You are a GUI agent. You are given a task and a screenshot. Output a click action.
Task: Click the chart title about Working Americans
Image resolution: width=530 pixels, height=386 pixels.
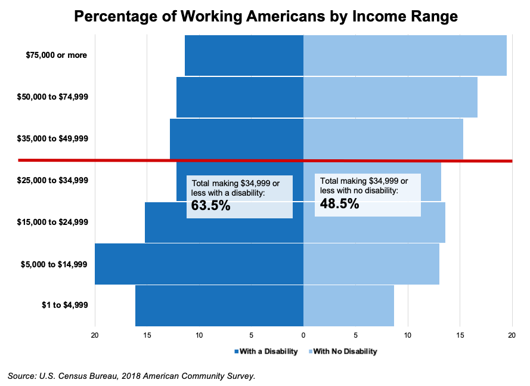click(x=265, y=16)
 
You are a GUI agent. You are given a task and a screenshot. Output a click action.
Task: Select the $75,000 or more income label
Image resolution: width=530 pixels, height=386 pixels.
click(x=57, y=55)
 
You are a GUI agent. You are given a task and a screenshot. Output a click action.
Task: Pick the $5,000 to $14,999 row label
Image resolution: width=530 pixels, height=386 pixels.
click(x=54, y=264)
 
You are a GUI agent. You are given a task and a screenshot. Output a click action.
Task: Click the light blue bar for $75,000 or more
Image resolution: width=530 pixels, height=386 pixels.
click(x=405, y=55)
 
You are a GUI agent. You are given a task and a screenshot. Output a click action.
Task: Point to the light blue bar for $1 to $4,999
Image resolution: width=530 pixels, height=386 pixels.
click(x=348, y=305)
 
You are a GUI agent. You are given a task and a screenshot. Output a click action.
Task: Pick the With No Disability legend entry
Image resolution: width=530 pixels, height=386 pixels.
click(x=342, y=351)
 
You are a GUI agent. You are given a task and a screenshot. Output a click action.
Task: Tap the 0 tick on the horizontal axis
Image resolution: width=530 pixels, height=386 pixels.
click(x=303, y=336)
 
